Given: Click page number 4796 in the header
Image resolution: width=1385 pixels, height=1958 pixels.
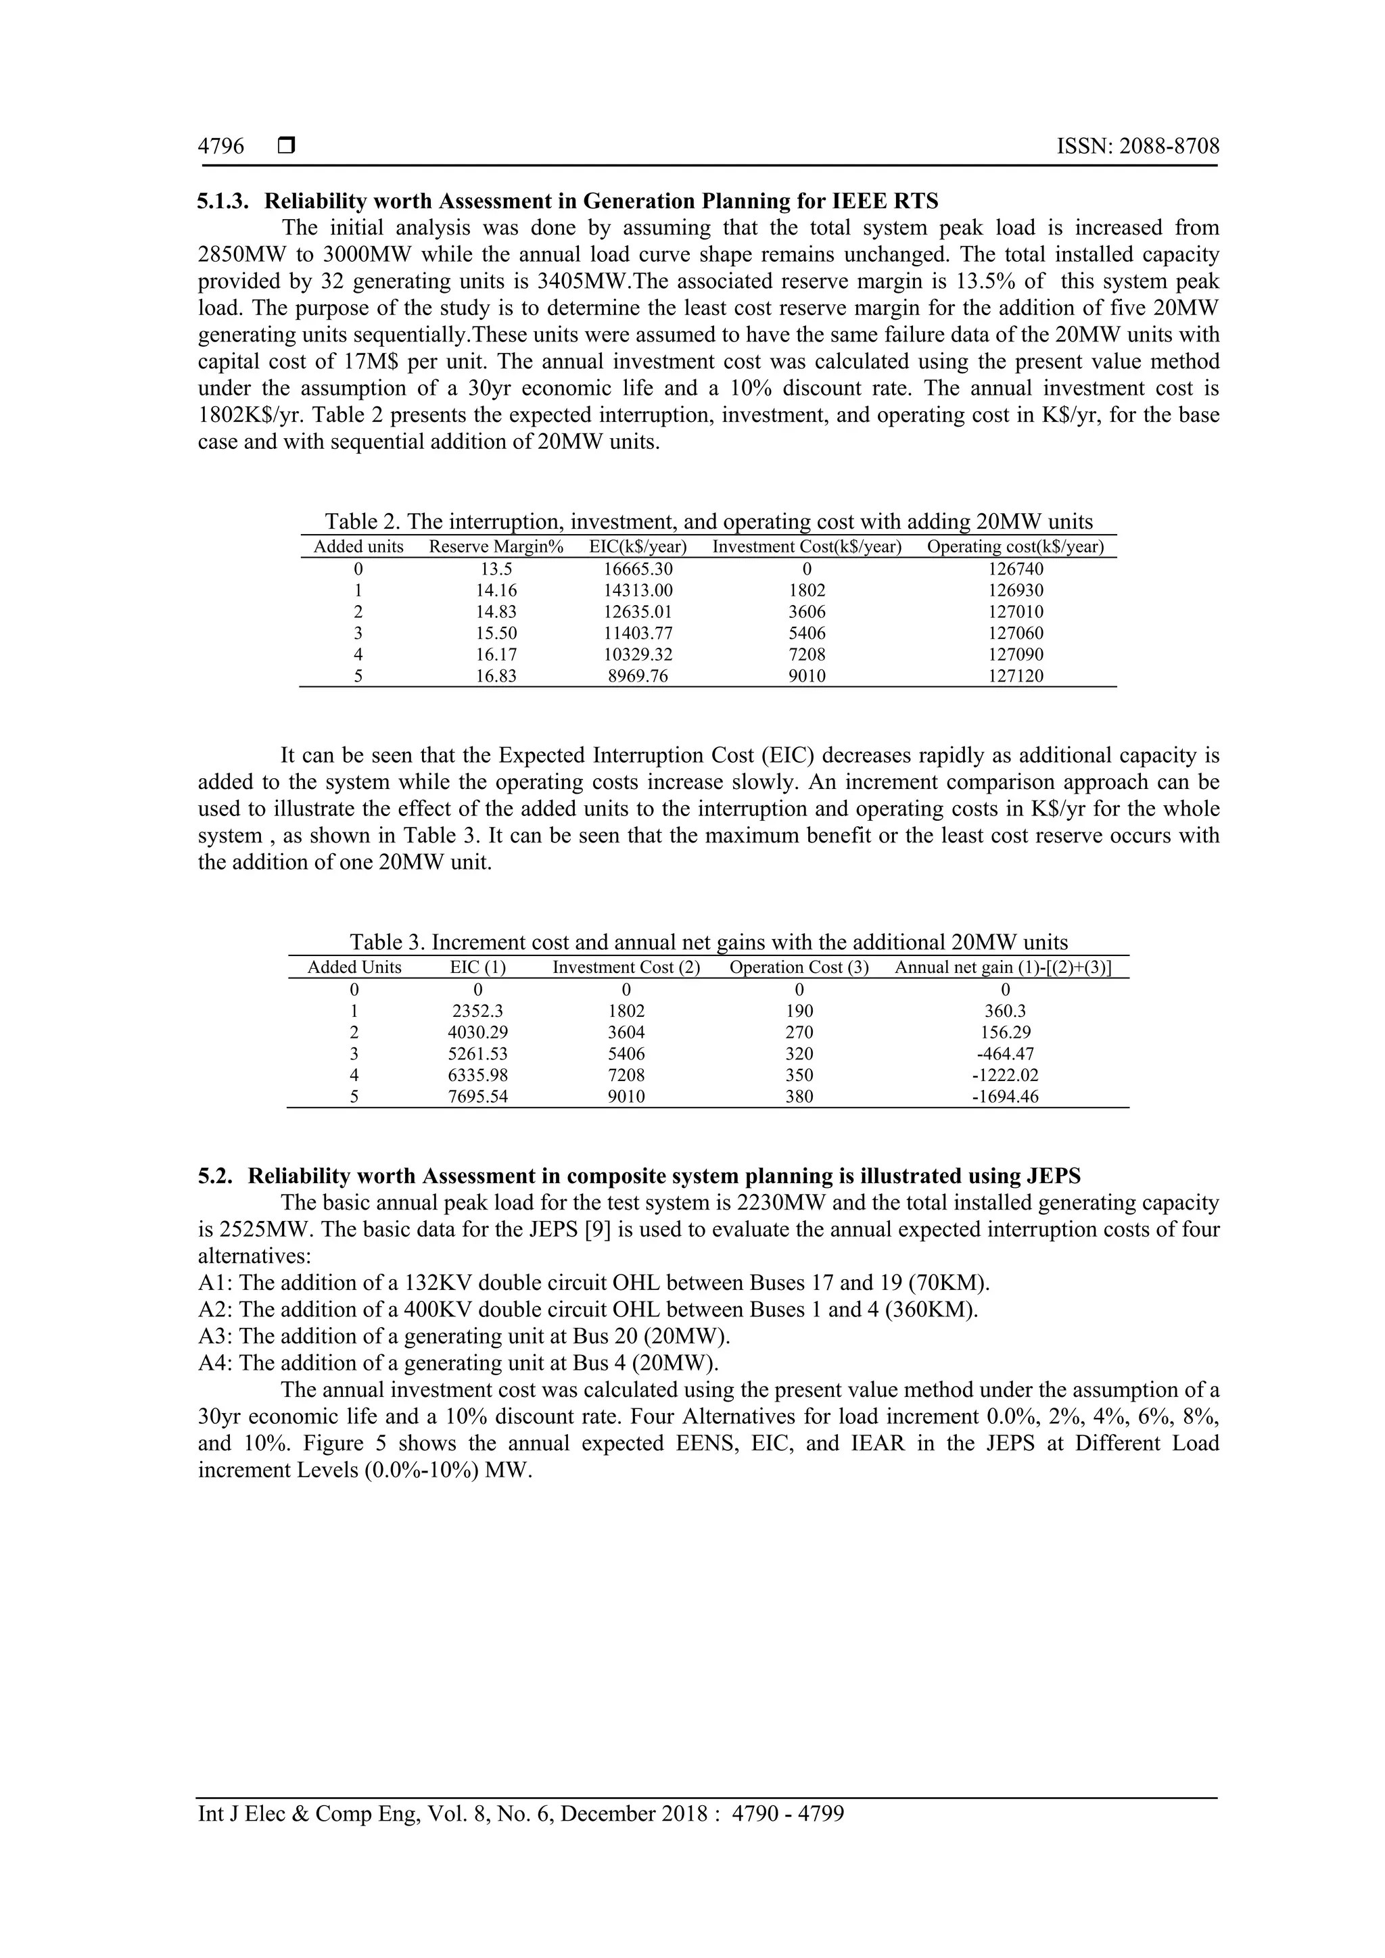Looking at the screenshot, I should coord(221,147).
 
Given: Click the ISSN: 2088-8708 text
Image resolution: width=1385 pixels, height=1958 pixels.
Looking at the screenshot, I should coord(1137,147).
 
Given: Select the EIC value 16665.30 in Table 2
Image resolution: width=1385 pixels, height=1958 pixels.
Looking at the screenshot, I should coord(638,569).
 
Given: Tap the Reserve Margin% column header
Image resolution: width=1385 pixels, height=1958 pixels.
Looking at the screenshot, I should coord(496,547).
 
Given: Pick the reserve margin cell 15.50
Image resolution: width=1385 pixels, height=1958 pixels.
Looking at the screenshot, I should coord(496,633).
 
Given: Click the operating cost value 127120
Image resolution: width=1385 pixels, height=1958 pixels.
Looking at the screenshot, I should coord(1016,676).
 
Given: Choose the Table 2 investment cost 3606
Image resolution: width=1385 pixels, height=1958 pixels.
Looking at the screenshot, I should coord(807,611).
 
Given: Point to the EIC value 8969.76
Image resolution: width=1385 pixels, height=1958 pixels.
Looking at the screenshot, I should coord(638,676).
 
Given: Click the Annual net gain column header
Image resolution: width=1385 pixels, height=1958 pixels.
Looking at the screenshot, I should coord(1003,967).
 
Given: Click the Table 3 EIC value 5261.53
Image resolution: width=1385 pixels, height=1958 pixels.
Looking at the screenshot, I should coord(477,1054).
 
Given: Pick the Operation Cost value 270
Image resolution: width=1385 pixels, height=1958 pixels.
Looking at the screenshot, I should coord(799,1032).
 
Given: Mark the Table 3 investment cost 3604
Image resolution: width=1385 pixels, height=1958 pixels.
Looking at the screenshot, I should coord(626,1032).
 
